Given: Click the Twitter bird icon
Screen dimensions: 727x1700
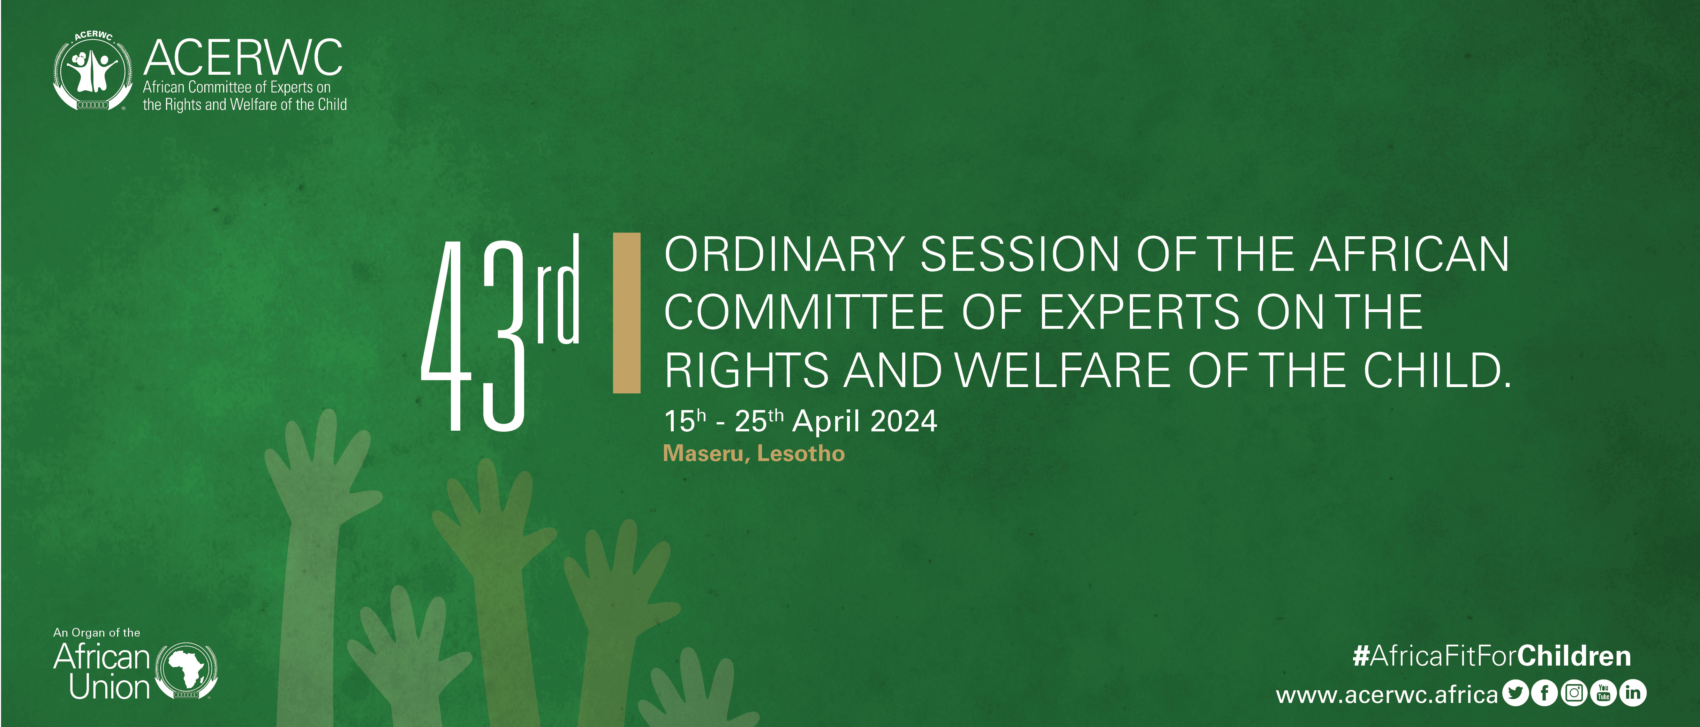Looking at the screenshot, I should [1515, 693].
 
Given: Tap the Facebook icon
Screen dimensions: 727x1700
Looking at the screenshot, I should [1544, 693].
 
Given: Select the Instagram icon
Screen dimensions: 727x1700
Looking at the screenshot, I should [1574, 693].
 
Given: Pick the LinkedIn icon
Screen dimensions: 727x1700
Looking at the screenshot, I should [1633, 693].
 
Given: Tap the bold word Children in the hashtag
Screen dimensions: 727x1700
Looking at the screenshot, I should [1574, 656].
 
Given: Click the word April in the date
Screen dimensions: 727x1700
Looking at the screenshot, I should [825, 421].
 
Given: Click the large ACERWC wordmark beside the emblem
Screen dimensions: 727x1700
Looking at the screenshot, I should [243, 58].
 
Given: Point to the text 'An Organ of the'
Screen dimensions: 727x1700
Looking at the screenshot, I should [96, 632].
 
